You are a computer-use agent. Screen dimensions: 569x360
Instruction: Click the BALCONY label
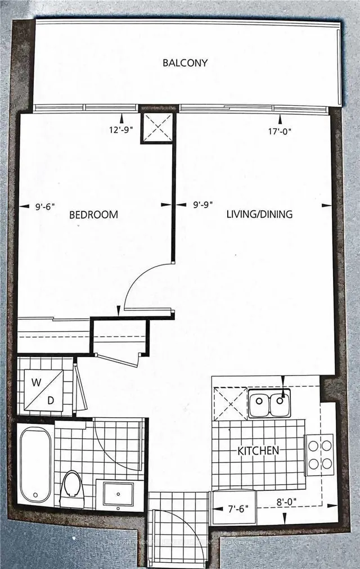point(185,62)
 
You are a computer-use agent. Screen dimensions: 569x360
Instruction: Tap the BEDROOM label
point(94,214)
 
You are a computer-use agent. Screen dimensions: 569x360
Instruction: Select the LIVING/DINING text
point(259,214)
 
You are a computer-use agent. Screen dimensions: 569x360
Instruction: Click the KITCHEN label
point(258,450)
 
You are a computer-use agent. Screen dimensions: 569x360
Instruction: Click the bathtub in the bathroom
point(35,463)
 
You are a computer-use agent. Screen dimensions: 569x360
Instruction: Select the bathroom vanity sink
point(118,493)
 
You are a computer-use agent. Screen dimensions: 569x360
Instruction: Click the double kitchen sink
point(269,404)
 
